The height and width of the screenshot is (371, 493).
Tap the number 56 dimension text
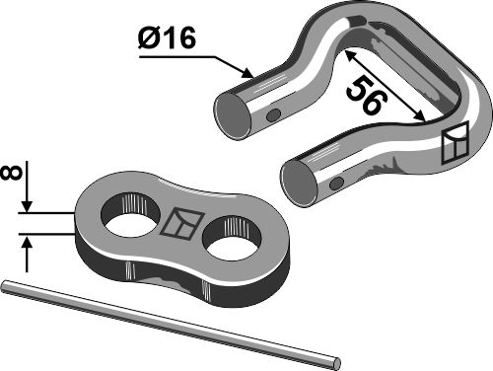365,100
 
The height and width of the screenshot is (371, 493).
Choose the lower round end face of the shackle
301,183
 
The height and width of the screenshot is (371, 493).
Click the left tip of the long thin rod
5,287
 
